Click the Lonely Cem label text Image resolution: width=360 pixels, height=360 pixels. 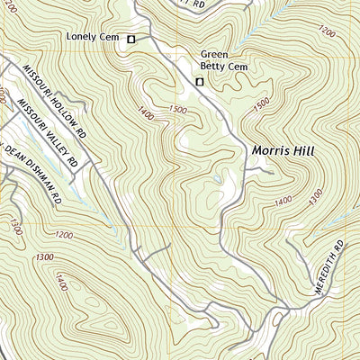click(94, 38)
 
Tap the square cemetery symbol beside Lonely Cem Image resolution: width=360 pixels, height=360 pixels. click(130, 39)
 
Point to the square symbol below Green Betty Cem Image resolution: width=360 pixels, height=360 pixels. click(200, 83)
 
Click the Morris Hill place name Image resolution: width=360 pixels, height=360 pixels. click(283, 153)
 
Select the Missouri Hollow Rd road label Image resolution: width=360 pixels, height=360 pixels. click(55, 100)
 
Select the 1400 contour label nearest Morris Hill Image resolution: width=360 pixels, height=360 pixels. click(284, 201)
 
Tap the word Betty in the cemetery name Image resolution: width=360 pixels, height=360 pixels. click(216, 66)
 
